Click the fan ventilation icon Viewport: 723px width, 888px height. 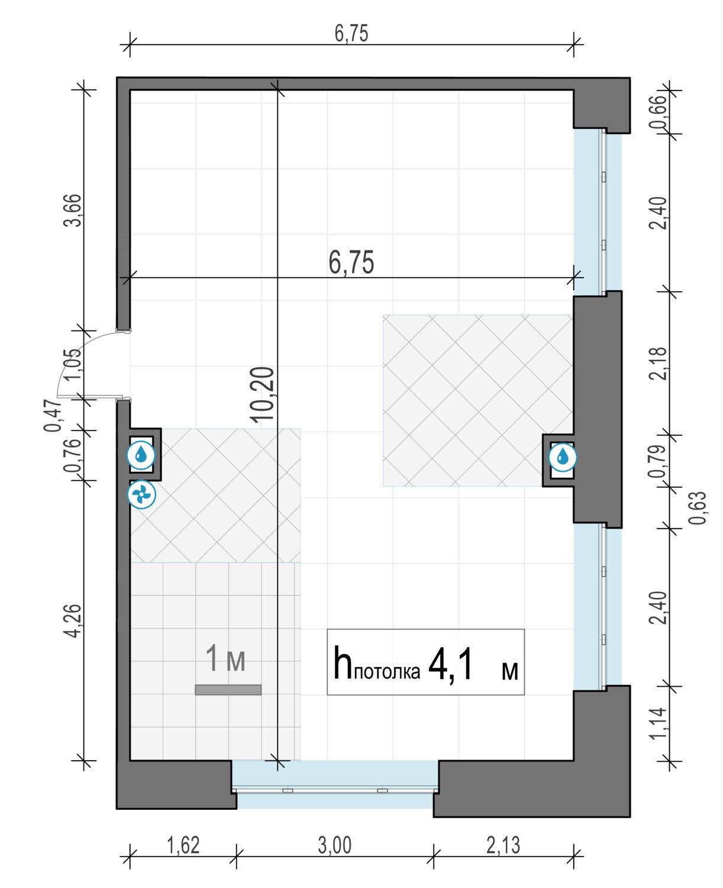(x=141, y=494)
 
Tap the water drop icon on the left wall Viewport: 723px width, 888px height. (x=141, y=455)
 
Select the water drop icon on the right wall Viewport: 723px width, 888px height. (x=563, y=457)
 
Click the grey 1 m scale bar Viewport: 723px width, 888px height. (x=228, y=690)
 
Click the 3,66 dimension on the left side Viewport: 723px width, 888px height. (x=73, y=211)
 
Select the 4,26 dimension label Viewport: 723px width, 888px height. (x=73, y=621)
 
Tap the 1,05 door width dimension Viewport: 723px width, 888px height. (x=73, y=365)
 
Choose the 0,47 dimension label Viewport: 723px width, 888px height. (x=53, y=415)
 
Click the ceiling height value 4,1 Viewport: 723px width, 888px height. (x=450, y=665)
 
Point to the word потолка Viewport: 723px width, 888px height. (x=387, y=672)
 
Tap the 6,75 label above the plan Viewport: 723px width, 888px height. (x=351, y=34)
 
